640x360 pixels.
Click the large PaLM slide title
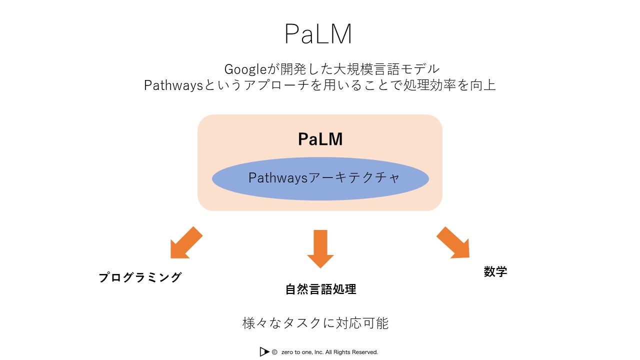(318, 34)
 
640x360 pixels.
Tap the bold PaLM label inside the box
(320, 139)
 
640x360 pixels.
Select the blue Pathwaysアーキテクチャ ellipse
(320, 179)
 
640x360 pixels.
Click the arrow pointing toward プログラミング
(185, 243)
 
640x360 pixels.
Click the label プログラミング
(140, 277)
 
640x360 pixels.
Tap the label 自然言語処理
(320, 289)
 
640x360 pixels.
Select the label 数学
(495, 271)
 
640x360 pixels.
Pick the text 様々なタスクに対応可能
(315, 323)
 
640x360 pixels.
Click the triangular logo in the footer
(264, 352)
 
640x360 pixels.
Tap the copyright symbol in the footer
(274, 352)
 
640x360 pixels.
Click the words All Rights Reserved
(352, 352)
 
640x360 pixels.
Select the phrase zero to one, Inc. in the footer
(302, 352)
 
